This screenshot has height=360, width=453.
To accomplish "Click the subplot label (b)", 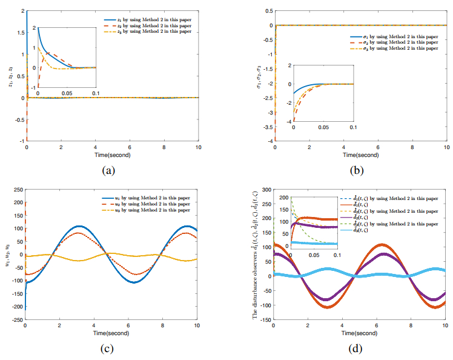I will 360,170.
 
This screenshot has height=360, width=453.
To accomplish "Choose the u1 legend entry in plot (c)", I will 148,198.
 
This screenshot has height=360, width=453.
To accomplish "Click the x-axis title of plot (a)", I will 111,155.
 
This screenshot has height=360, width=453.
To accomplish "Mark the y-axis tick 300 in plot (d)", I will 267,190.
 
